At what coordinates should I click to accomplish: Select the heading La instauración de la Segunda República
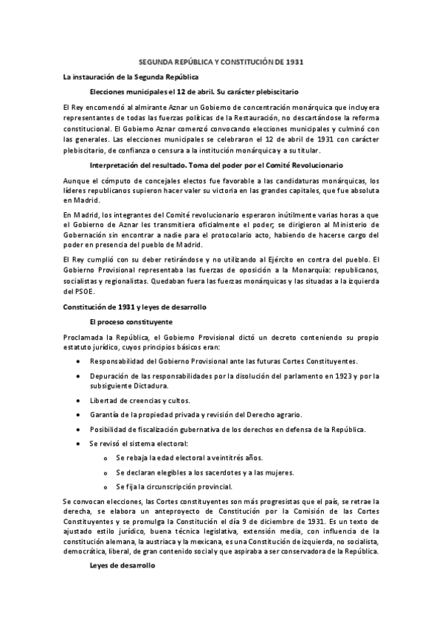130,77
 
